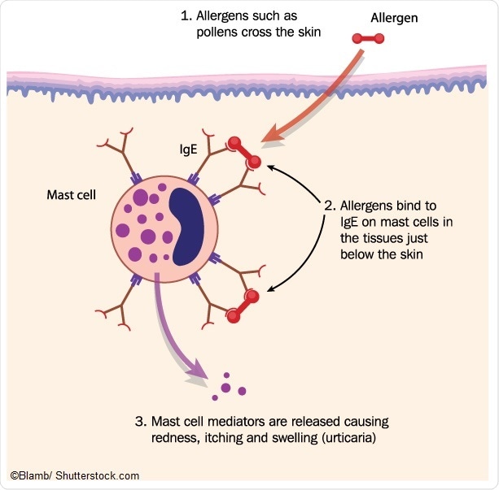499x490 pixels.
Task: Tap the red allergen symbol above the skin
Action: point(367,37)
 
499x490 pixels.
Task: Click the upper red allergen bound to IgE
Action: point(243,153)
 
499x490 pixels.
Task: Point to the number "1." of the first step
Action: point(186,15)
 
